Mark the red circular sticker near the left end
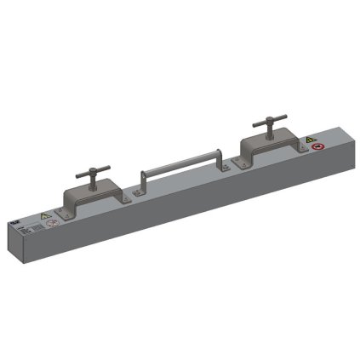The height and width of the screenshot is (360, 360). coord(52,225)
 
